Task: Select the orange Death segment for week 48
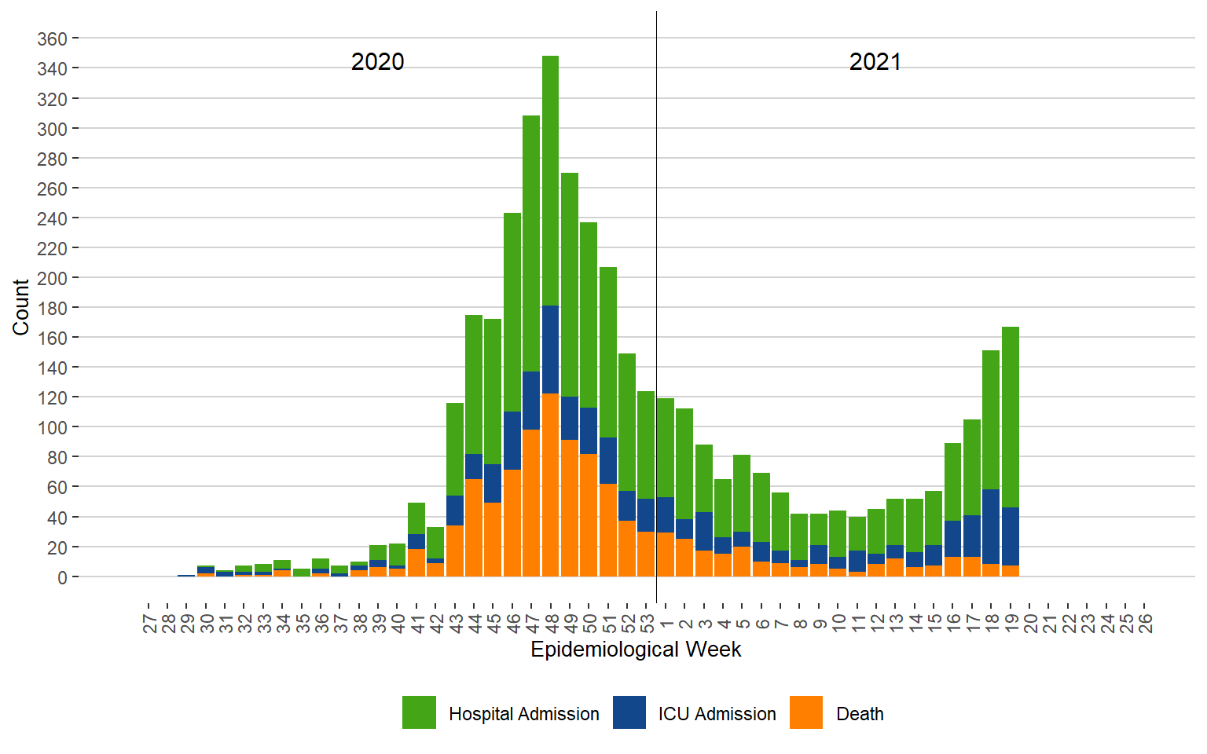point(550,485)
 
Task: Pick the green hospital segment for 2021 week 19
point(1011,416)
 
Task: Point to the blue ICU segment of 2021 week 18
point(991,526)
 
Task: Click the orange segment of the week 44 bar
point(474,528)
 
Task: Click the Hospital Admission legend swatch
point(419,712)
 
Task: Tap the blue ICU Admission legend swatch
point(629,712)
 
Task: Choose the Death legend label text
point(860,714)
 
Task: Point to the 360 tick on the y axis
point(52,38)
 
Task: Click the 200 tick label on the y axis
point(52,278)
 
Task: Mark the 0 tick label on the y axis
point(63,577)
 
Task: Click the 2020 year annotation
point(377,62)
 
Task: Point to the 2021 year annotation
point(875,62)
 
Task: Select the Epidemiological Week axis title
point(636,650)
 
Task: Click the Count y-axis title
point(21,307)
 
